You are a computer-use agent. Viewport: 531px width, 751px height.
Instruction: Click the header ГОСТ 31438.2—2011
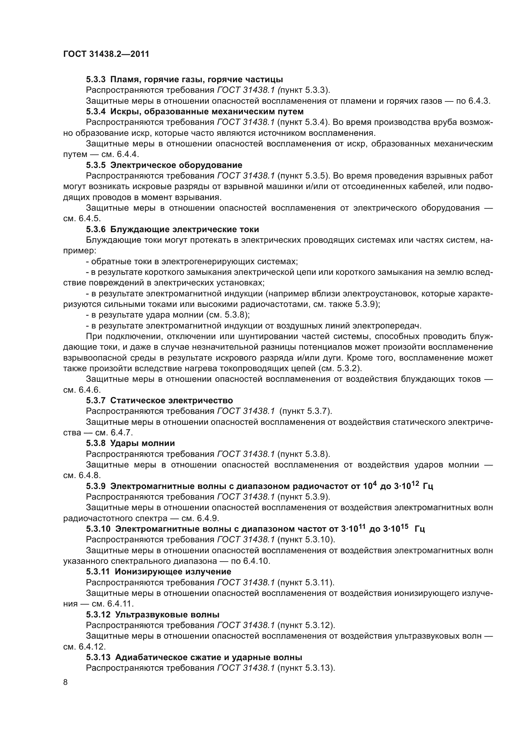[106, 54]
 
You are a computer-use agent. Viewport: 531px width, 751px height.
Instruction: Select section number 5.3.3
[95, 80]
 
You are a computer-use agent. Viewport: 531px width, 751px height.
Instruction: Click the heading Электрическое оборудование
[176, 165]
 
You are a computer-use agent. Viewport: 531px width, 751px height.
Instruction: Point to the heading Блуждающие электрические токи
[184, 229]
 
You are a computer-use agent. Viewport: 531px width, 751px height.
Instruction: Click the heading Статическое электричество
[172, 400]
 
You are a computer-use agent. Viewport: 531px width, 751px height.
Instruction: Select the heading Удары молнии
[142, 443]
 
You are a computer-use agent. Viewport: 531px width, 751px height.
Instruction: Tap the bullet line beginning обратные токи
[192, 261]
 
